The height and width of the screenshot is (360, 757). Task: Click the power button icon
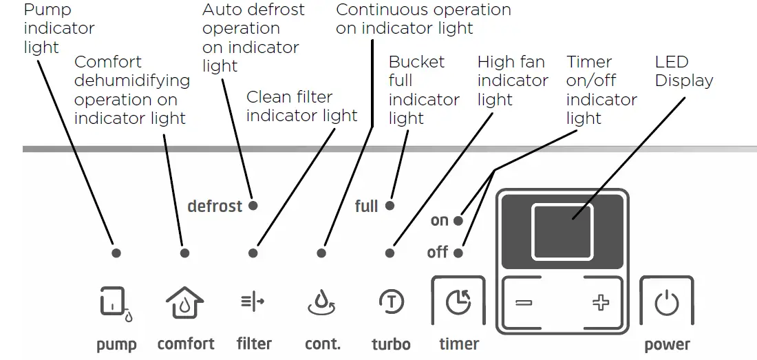[x=666, y=303]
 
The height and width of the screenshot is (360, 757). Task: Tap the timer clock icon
[x=458, y=302]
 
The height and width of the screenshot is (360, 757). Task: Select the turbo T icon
[x=391, y=301]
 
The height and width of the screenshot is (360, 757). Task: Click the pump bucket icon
[x=115, y=303]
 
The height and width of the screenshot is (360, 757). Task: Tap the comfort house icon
[x=184, y=302]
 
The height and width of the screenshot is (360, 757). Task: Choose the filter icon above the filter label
[x=253, y=301]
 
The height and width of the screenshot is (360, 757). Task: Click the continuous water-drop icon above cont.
[x=322, y=302]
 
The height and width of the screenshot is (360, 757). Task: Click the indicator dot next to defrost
[x=253, y=206]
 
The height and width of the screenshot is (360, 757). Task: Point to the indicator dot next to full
[x=390, y=206]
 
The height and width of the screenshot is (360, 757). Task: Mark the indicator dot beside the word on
[x=459, y=221]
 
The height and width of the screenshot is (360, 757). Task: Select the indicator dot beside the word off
[x=459, y=253]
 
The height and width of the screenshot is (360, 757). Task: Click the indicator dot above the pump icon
[x=116, y=253]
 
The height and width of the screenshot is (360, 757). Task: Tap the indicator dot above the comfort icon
[x=184, y=253]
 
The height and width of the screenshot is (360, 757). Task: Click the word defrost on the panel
[x=215, y=207]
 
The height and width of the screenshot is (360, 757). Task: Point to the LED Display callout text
[x=683, y=72]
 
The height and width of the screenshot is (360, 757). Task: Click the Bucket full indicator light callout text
[x=423, y=90]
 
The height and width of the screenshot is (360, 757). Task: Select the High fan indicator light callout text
[x=512, y=81]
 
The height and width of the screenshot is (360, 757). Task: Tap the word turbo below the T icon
[x=391, y=344]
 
